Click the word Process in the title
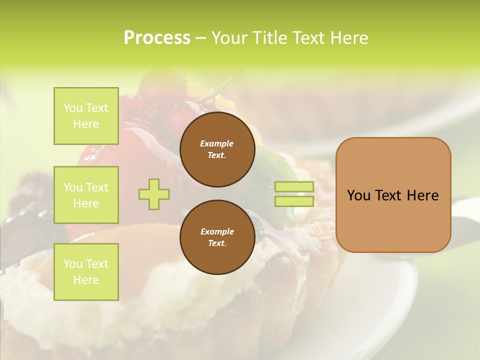157,38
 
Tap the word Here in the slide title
348,38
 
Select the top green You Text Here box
86,116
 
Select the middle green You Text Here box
86,195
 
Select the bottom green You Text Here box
86,272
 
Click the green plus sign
154,194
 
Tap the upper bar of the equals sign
294,186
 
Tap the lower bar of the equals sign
294,201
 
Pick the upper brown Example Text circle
217,149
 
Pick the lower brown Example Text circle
217,237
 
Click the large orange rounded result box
393,195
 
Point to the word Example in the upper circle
217,143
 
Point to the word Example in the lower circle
217,231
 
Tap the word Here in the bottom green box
86,280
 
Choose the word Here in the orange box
423,195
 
